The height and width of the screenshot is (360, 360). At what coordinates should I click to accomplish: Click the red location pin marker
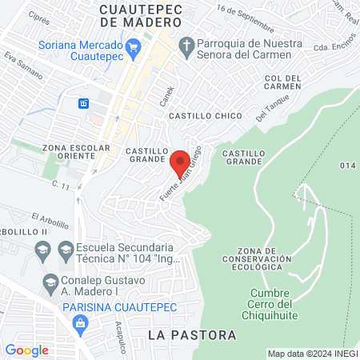click(180, 160)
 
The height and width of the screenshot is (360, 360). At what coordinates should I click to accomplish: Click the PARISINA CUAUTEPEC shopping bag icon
click(79, 322)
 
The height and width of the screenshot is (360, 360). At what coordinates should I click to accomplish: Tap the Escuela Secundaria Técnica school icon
click(42, 254)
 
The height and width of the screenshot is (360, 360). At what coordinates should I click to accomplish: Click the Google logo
click(27, 350)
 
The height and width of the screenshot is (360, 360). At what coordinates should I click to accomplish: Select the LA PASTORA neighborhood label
click(193, 334)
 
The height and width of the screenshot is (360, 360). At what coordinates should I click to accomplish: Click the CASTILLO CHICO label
click(205, 116)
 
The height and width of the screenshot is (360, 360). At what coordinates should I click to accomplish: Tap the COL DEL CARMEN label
click(283, 82)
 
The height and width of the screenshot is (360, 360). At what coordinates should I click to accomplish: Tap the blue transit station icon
click(83, 104)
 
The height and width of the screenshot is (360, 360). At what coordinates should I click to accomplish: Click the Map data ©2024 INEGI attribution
click(311, 354)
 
